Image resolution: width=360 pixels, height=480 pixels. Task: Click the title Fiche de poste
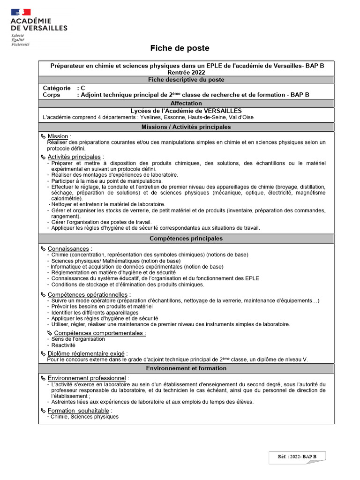point(180,48)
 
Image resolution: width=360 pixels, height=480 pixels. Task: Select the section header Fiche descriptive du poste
point(186,80)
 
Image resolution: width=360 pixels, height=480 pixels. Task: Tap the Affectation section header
point(186,103)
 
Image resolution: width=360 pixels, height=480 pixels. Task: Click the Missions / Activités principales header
point(186,127)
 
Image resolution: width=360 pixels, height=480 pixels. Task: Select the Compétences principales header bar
point(186,239)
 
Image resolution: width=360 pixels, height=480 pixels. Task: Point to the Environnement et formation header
point(186,368)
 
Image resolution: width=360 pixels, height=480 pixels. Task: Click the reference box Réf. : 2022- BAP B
point(297,456)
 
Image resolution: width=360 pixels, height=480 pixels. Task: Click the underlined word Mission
point(58,136)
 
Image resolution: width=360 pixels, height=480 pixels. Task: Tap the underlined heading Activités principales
point(74,157)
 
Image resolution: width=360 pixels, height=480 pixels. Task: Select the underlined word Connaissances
point(68,248)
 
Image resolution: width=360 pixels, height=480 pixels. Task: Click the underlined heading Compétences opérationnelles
point(87,294)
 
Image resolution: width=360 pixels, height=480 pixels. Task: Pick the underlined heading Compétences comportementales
point(100,333)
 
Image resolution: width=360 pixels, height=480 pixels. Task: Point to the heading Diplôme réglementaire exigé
point(87,353)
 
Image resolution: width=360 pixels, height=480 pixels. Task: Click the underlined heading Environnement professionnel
point(87,378)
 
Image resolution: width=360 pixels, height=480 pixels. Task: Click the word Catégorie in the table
point(57,88)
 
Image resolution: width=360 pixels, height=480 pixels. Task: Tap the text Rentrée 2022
point(186,73)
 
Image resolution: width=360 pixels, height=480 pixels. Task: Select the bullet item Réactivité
point(63,345)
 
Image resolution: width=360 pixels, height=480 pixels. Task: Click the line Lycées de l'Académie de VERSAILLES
point(186,111)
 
